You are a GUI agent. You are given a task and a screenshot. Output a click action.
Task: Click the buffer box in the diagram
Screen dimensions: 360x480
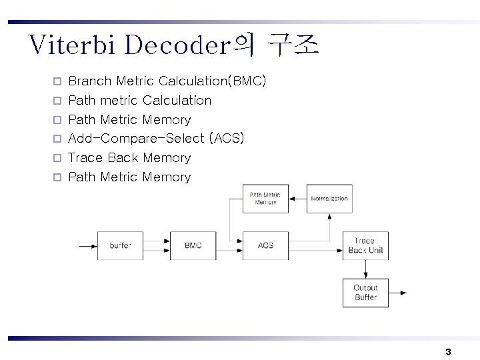pos(120,245)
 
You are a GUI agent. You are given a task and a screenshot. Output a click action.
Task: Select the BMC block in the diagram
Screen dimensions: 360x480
pos(193,245)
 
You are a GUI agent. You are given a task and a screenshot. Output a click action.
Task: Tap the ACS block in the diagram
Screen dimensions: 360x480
pos(265,245)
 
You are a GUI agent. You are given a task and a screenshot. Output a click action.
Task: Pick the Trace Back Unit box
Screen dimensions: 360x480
pos(365,245)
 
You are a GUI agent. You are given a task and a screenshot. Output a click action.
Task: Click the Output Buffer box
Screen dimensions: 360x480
pos(365,293)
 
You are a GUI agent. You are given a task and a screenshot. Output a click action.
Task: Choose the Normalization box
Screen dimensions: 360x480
pos(329,199)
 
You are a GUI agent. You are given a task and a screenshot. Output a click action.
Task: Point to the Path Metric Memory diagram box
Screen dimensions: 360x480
pos(265,199)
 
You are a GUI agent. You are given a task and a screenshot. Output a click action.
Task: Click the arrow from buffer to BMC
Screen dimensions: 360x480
pos(157,245)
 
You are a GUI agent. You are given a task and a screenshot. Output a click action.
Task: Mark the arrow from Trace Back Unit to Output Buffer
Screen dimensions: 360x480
pos(365,269)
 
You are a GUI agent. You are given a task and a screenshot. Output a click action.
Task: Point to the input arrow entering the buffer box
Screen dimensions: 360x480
pos(87,245)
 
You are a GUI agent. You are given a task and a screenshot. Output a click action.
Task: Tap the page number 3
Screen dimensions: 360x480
pos(448,351)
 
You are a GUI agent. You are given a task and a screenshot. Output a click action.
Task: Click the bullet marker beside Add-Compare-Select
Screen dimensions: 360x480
pos(57,139)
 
